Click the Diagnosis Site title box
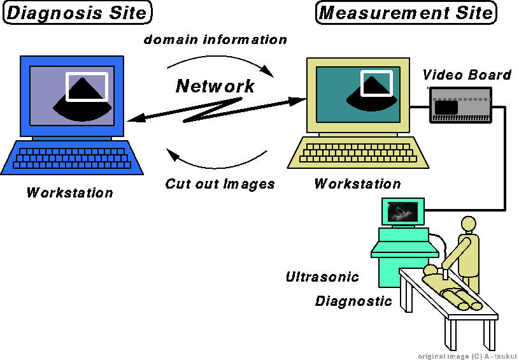point(78,13)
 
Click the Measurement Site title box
point(406,13)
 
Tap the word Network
point(215,86)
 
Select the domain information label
point(215,40)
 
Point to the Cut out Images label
point(220,184)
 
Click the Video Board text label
point(467,75)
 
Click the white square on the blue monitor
point(87,87)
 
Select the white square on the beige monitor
point(374,83)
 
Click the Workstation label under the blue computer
point(69,192)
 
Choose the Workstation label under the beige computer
point(357,184)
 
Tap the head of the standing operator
point(468,224)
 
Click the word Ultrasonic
point(322,277)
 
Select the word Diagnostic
point(353,301)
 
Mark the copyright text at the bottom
point(467,355)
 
